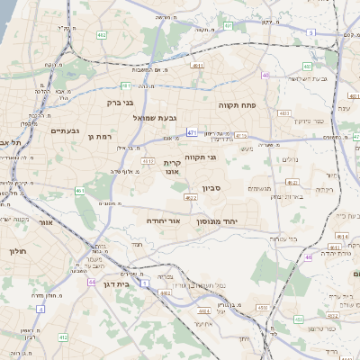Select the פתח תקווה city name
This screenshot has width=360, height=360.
point(238,105)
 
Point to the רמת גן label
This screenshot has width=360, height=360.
point(98,137)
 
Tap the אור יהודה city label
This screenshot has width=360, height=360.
point(164,219)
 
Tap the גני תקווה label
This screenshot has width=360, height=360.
point(201,157)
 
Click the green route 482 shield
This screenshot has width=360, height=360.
point(102,35)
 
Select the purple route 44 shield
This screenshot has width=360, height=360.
point(92,282)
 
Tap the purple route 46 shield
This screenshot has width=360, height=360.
point(309,256)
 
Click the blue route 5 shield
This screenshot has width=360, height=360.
point(310,32)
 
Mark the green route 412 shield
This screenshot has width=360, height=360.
point(63,337)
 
